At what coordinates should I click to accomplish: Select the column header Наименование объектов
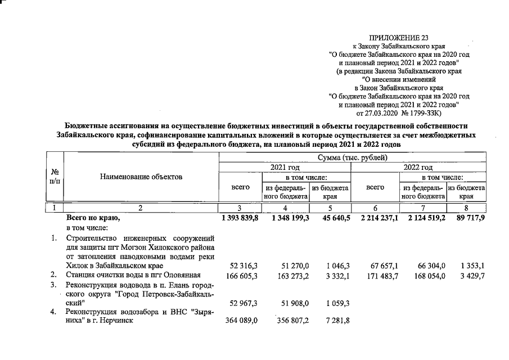141,177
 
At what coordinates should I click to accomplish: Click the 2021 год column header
286,167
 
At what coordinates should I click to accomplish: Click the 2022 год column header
418,167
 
